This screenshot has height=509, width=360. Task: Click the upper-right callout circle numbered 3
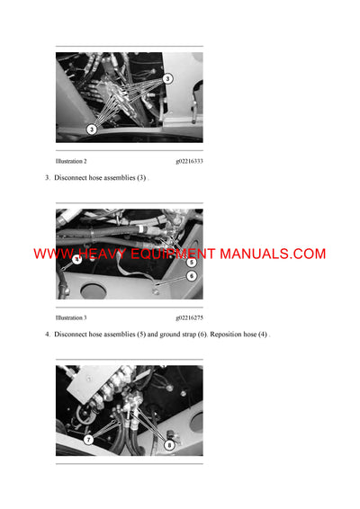167,80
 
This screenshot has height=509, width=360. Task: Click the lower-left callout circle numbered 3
92,129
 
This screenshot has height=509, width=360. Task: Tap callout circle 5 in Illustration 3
191,263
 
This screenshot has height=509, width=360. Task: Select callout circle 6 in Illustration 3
191,276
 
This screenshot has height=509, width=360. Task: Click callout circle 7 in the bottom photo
88,440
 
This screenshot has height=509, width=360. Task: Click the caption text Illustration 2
71,161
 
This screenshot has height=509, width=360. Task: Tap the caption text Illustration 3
71,317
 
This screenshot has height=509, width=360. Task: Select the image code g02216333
189,161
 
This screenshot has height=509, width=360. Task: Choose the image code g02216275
189,317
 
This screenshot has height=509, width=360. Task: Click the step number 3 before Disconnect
47,178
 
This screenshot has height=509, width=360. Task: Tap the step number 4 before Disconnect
47,335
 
